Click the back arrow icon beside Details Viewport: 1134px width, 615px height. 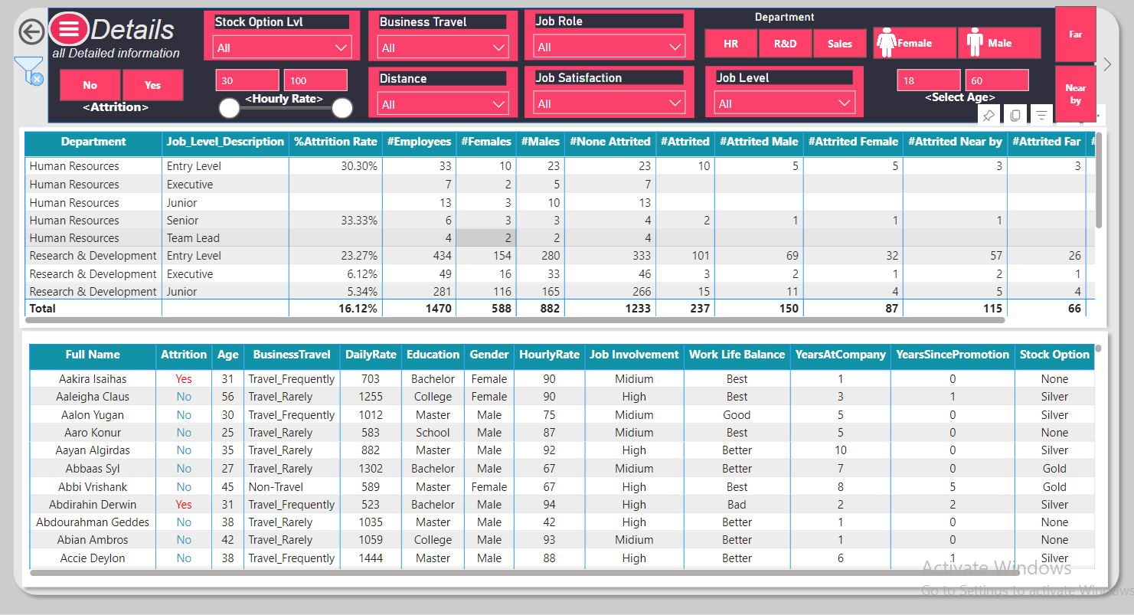(x=31, y=31)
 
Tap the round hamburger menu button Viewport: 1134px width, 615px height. (x=69, y=29)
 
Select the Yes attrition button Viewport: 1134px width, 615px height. (x=152, y=85)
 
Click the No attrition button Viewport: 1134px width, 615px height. (x=90, y=85)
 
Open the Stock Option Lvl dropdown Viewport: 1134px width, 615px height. (x=282, y=47)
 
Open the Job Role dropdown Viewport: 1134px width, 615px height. (x=609, y=47)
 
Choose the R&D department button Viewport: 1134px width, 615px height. (x=785, y=44)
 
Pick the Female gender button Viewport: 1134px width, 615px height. (x=914, y=43)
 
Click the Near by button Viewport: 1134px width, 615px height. (x=1075, y=94)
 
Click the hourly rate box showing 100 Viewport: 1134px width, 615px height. (x=315, y=80)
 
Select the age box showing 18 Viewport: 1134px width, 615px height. (x=928, y=80)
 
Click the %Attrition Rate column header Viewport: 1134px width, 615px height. (x=335, y=142)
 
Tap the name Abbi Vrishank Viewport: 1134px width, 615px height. (x=93, y=487)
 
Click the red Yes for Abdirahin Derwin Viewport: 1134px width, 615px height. (x=184, y=505)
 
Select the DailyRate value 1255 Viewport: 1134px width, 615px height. (x=371, y=397)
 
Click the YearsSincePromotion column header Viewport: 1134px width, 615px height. (x=952, y=355)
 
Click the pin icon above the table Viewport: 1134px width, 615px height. (x=989, y=116)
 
